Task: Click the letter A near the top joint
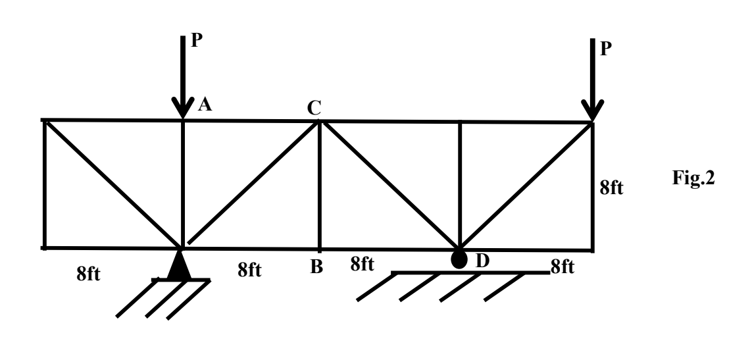pos(204,104)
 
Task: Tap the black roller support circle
pos(459,259)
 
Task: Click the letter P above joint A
pos(197,41)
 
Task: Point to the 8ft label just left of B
pos(250,270)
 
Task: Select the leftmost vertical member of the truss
pos(45,184)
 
